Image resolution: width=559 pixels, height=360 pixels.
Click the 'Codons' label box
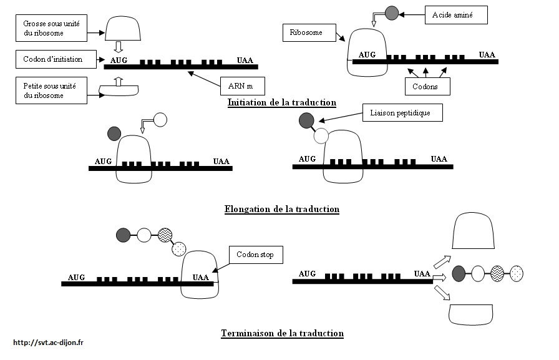tap(427, 85)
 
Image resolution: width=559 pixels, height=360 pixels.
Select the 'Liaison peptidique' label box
tap(402, 113)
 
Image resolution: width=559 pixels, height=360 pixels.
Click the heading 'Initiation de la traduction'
tap(282, 102)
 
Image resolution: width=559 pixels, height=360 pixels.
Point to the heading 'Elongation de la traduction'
tap(281, 209)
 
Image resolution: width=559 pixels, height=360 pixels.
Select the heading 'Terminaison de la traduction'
tap(282, 333)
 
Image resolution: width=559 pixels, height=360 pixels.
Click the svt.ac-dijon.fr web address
tap(48, 342)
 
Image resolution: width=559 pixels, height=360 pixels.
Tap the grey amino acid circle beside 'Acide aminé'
tap(391, 12)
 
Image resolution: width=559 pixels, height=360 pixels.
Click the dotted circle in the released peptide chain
tap(517, 273)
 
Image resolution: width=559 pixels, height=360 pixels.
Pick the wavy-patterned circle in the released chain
tap(497, 273)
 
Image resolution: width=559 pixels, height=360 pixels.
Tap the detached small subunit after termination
tap(473, 314)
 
